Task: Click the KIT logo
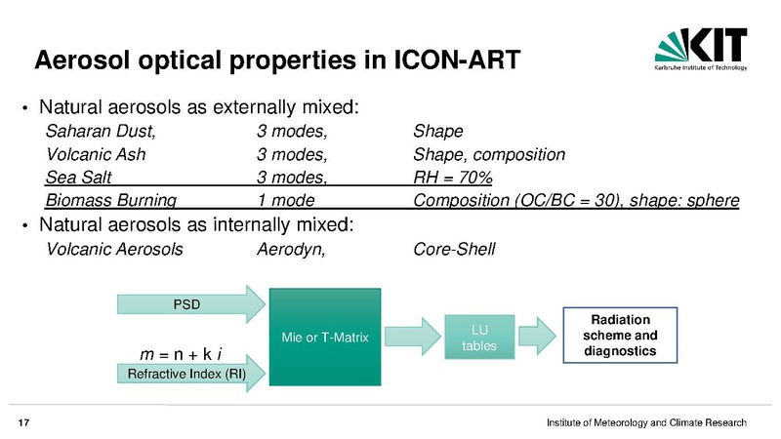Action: point(701,49)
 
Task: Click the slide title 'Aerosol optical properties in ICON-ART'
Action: point(277,60)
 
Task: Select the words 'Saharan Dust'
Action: point(100,131)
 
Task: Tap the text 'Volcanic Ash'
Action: point(96,154)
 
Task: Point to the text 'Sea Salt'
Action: point(78,178)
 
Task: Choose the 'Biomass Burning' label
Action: point(110,200)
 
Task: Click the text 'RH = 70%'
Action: point(453,178)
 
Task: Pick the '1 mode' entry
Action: point(286,200)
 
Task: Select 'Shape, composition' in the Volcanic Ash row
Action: point(489,154)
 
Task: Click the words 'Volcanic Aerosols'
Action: point(114,249)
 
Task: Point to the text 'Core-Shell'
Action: point(454,249)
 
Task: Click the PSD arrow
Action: point(191,304)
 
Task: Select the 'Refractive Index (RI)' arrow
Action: point(191,374)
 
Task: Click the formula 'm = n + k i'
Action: point(181,354)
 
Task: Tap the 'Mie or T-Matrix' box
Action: point(325,337)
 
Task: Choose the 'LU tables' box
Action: point(479,337)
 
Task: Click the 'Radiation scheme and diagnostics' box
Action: point(620,335)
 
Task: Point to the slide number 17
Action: point(23,423)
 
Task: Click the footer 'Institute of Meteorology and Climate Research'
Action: point(646,422)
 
